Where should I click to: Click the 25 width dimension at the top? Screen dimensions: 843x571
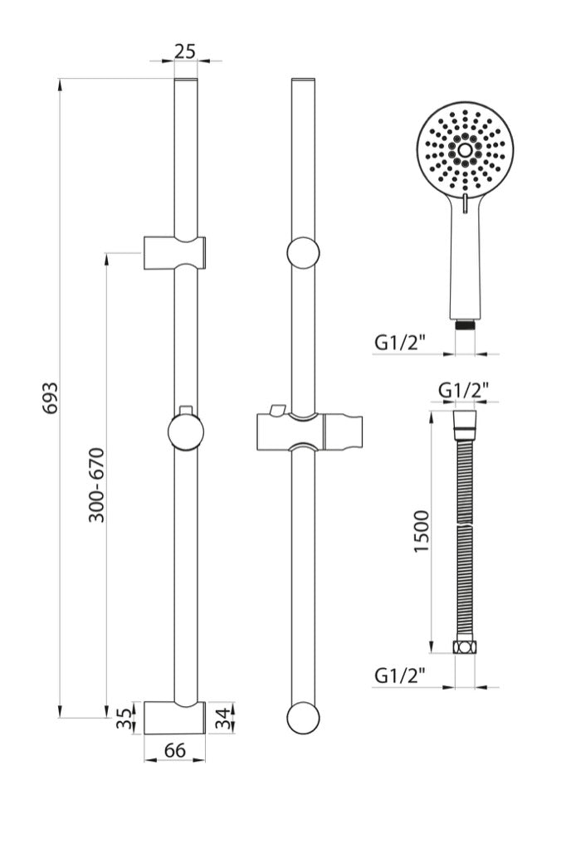point(185,51)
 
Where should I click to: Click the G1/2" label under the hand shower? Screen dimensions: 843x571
point(400,341)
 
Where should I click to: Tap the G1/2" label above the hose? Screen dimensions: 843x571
point(463,389)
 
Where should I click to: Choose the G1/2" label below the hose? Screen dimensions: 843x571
point(400,675)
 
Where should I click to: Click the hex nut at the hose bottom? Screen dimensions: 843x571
point(464,646)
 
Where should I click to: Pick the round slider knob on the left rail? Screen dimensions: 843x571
point(185,431)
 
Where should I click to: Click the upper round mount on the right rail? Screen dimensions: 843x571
point(303,252)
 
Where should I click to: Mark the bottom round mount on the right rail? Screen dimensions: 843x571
point(303,718)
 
